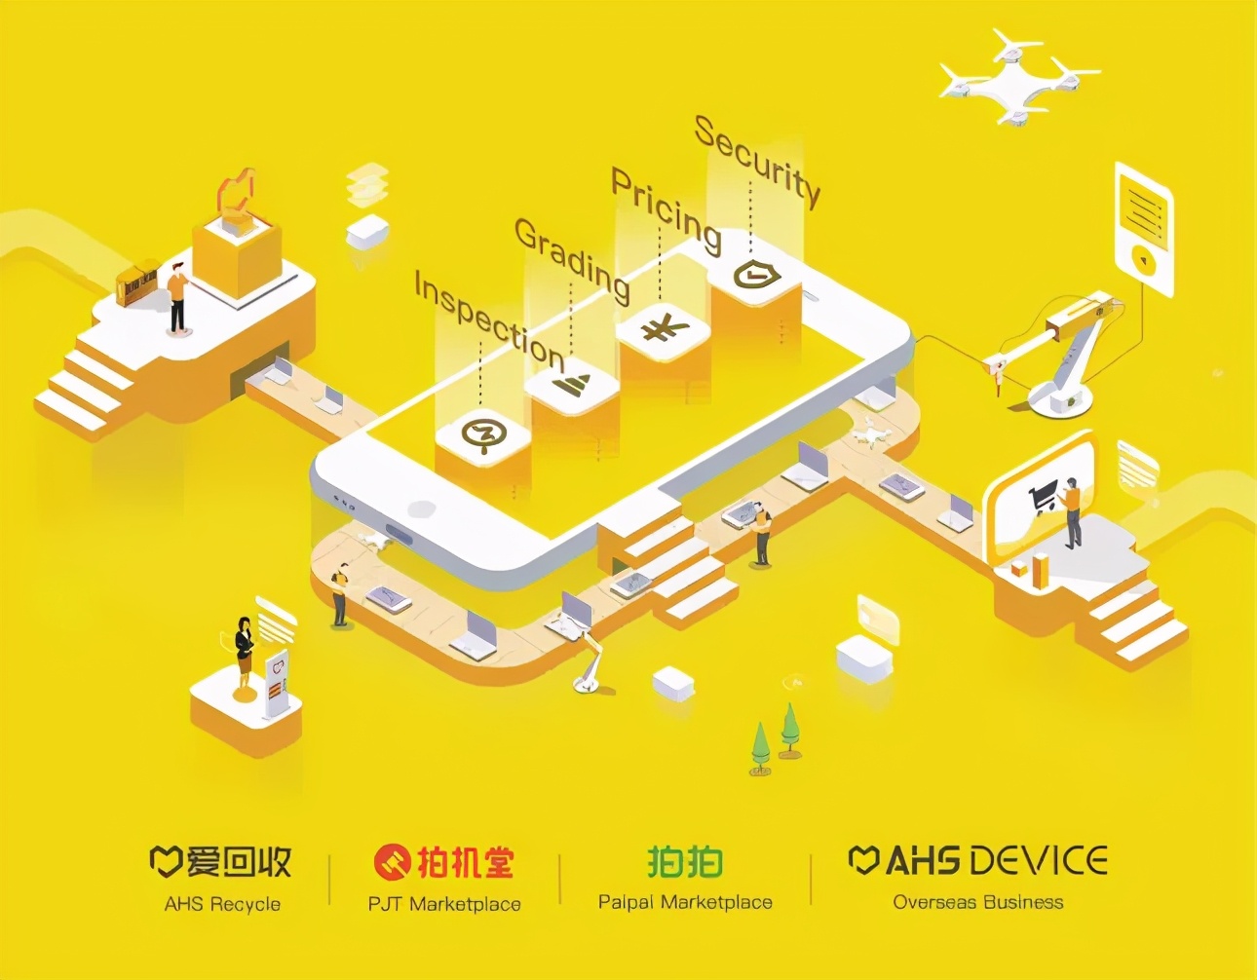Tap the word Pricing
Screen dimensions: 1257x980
(666, 209)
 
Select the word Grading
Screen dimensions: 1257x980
(572, 258)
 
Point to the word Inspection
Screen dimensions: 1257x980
(489, 320)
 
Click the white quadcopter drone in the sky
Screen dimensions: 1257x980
(1017, 76)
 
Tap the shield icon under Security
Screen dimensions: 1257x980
(756, 275)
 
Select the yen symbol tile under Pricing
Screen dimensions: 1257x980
(666, 328)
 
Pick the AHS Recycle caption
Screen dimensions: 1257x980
(222, 904)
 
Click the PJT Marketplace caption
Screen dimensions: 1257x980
(444, 904)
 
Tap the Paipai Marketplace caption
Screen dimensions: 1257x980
(685, 902)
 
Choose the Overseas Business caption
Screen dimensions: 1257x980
(978, 902)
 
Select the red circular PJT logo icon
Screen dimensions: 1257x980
(393, 861)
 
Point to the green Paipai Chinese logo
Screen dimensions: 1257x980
(685, 861)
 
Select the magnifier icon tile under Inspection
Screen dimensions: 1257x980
(480, 434)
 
